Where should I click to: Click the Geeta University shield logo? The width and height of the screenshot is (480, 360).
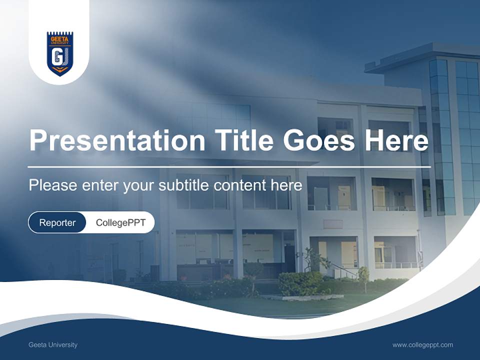(x=59, y=53)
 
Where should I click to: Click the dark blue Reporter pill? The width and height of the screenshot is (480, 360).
(x=57, y=222)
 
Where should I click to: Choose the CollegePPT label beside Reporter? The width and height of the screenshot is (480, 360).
(x=120, y=222)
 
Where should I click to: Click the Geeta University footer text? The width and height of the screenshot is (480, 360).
(x=53, y=345)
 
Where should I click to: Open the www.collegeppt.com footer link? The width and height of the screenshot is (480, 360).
(x=422, y=345)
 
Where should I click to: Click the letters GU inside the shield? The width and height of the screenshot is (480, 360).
(x=59, y=57)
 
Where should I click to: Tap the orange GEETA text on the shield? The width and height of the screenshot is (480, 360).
(x=59, y=36)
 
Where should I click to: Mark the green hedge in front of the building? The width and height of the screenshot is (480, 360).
(x=300, y=283)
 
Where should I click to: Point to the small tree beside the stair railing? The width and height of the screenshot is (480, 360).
(x=363, y=275)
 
